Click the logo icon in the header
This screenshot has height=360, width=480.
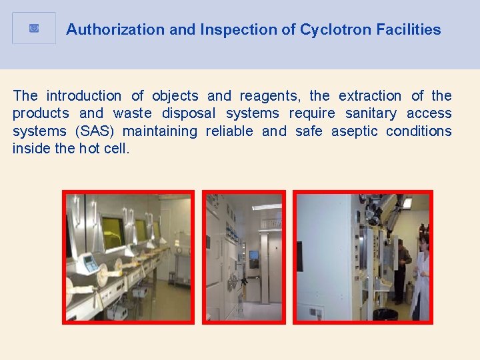[34, 29]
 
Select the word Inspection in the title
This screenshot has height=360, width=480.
[228, 29]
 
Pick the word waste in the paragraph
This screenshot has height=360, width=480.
[133, 113]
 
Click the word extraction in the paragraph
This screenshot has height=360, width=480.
[370, 96]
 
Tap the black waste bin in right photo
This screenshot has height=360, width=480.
[385, 313]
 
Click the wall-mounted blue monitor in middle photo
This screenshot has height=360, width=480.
[254, 254]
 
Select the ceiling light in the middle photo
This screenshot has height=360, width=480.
[267, 207]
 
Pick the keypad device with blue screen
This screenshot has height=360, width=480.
[89, 263]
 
